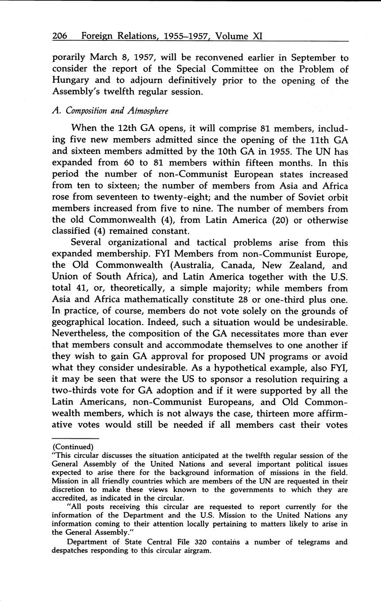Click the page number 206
pos(59,36)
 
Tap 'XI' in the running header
pos(258,36)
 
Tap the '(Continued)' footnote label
pos(73,447)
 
